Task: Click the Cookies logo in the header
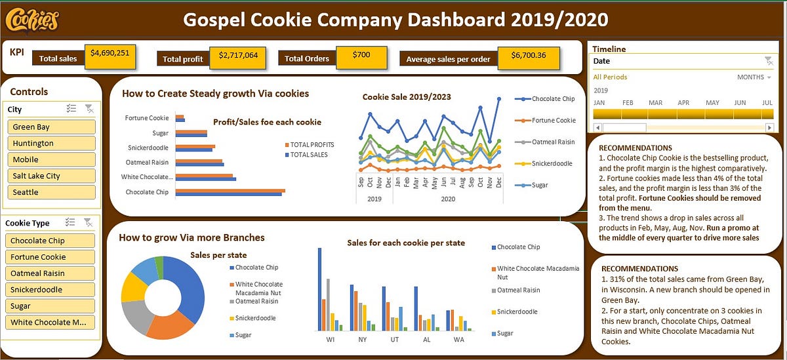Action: (x=31, y=20)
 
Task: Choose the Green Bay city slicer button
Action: (x=52, y=127)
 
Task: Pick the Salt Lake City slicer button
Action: (x=52, y=176)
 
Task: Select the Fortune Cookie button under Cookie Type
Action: (x=52, y=257)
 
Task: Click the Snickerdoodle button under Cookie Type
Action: (x=52, y=290)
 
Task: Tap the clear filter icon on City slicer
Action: (x=89, y=110)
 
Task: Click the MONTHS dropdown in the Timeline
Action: (x=754, y=77)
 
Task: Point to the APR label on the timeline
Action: (x=683, y=103)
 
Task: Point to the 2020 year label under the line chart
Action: (x=448, y=199)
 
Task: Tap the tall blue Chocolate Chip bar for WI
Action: (x=319, y=289)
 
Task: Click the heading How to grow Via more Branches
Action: (x=192, y=237)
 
